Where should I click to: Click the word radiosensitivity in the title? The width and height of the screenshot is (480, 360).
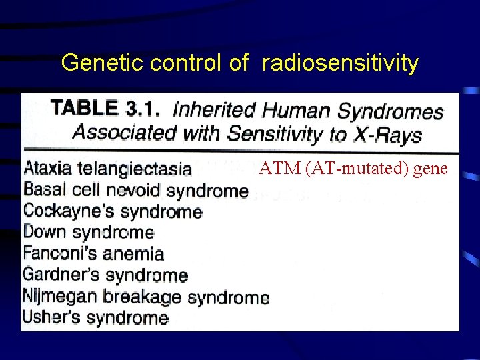click(340, 63)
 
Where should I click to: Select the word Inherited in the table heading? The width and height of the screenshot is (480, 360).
click(213, 109)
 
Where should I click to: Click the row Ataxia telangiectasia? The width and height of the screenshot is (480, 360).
click(107, 169)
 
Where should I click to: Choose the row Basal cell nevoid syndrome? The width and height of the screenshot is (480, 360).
click(135, 190)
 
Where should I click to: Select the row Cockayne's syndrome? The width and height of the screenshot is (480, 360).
click(112, 211)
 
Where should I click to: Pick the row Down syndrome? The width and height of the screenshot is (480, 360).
click(88, 233)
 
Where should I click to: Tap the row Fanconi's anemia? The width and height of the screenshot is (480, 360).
click(93, 253)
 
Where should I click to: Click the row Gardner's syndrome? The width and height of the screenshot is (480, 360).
click(105, 275)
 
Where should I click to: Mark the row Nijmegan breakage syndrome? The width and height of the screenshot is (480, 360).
click(145, 296)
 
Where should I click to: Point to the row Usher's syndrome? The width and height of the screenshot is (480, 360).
click(95, 317)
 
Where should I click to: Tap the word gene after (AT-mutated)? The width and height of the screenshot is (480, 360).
click(431, 169)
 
